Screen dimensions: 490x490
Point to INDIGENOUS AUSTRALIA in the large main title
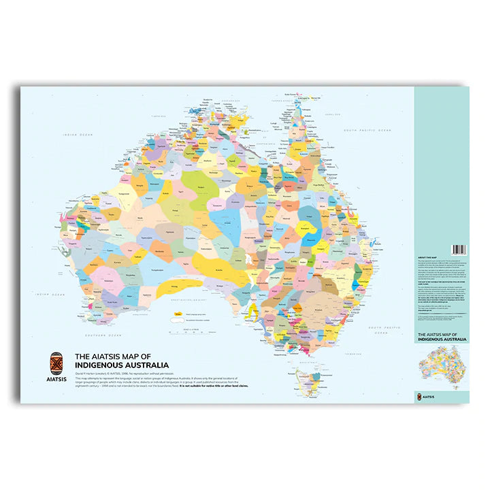point(122,365)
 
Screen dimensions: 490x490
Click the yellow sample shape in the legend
point(176,315)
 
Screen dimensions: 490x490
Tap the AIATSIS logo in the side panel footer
point(427,395)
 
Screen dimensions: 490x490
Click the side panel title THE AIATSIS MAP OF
point(441,335)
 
